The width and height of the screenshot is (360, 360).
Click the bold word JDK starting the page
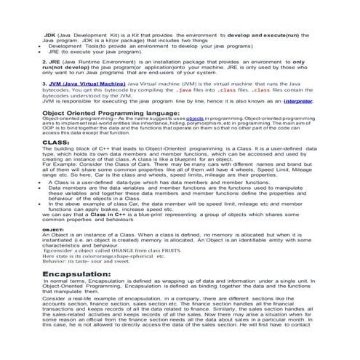tap(51, 34)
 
